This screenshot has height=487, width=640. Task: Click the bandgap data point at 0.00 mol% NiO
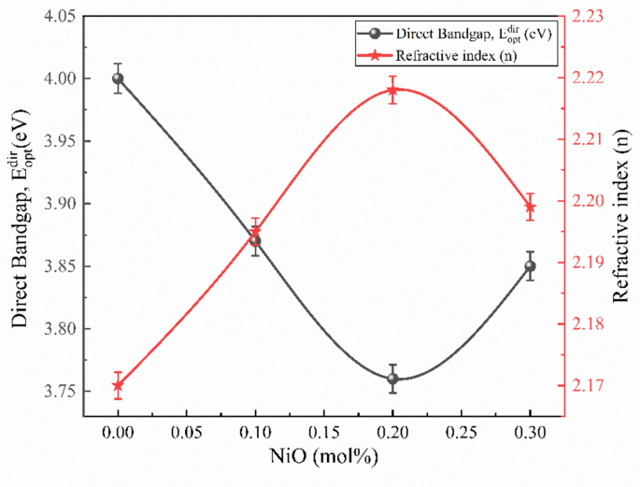pyautogui.click(x=118, y=79)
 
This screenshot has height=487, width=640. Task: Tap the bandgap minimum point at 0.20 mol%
pyautogui.click(x=392, y=379)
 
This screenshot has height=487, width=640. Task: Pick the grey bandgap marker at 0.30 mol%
pyautogui.click(x=530, y=265)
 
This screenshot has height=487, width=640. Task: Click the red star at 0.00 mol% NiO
pyautogui.click(x=118, y=385)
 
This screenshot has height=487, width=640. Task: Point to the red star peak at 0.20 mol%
pyautogui.click(x=392, y=91)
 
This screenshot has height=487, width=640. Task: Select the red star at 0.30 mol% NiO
pyautogui.click(x=530, y=207)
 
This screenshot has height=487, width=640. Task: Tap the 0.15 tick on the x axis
pyautogui.click(x=323, y=434)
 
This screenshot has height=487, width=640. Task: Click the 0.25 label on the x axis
pyautogui.click(x=461, y=434)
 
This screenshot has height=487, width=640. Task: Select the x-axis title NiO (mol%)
pyautogui.click(x=323, y=460)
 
